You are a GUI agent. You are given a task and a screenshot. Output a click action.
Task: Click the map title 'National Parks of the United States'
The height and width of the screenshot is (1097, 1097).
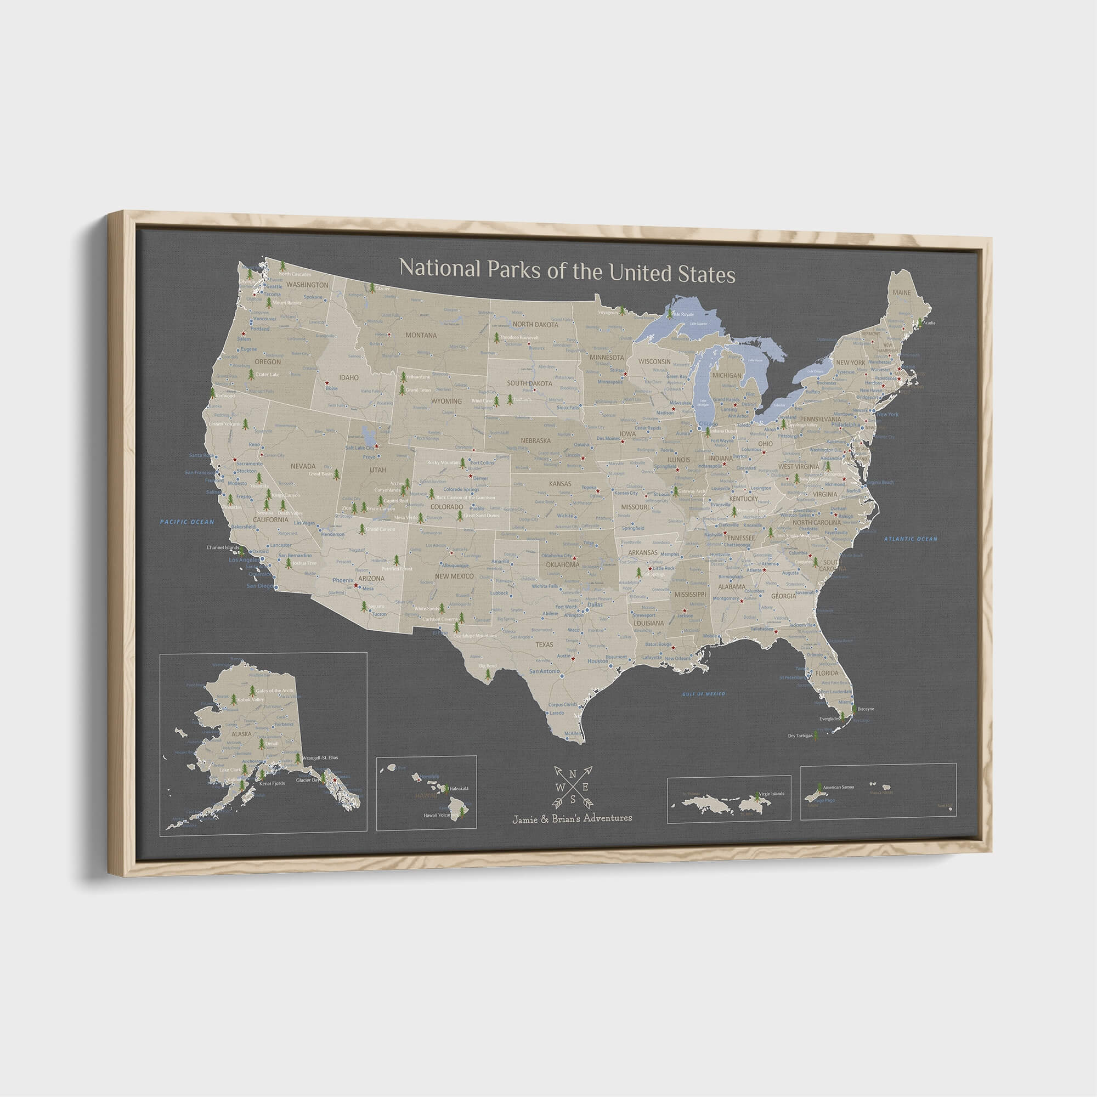pos(567,272)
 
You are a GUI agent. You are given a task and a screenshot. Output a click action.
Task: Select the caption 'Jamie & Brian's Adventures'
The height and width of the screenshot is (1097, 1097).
pos(572,818)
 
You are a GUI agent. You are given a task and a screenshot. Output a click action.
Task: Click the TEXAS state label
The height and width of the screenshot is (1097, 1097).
pos(544,644)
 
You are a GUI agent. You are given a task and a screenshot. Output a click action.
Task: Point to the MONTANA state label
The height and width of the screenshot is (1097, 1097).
pos(421,335)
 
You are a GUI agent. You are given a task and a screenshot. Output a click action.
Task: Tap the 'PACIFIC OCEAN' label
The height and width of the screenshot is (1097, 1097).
pos(187,521)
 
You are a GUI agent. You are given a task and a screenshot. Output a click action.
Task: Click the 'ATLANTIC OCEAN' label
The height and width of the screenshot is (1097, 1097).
pos(910,539)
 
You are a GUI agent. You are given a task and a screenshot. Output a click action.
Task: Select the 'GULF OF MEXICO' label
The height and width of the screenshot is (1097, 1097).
pos(704,694)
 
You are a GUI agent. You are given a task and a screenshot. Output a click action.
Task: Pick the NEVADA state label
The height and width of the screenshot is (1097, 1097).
pos(303,466)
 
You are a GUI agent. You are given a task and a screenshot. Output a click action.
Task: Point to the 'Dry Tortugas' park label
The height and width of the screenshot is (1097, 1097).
pos(800,737)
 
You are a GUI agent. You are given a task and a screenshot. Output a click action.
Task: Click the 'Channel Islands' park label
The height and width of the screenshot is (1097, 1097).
pos(223,548)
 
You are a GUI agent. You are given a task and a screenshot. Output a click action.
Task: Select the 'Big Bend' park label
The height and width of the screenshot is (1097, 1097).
pos(487,665)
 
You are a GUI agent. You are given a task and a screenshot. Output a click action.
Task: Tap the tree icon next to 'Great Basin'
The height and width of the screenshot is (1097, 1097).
pos(337,473)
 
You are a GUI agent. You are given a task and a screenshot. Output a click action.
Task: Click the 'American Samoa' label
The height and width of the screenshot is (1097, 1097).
pos(838,787)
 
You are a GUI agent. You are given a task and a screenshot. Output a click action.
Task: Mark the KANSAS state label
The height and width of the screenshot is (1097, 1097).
pos(560,483)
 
